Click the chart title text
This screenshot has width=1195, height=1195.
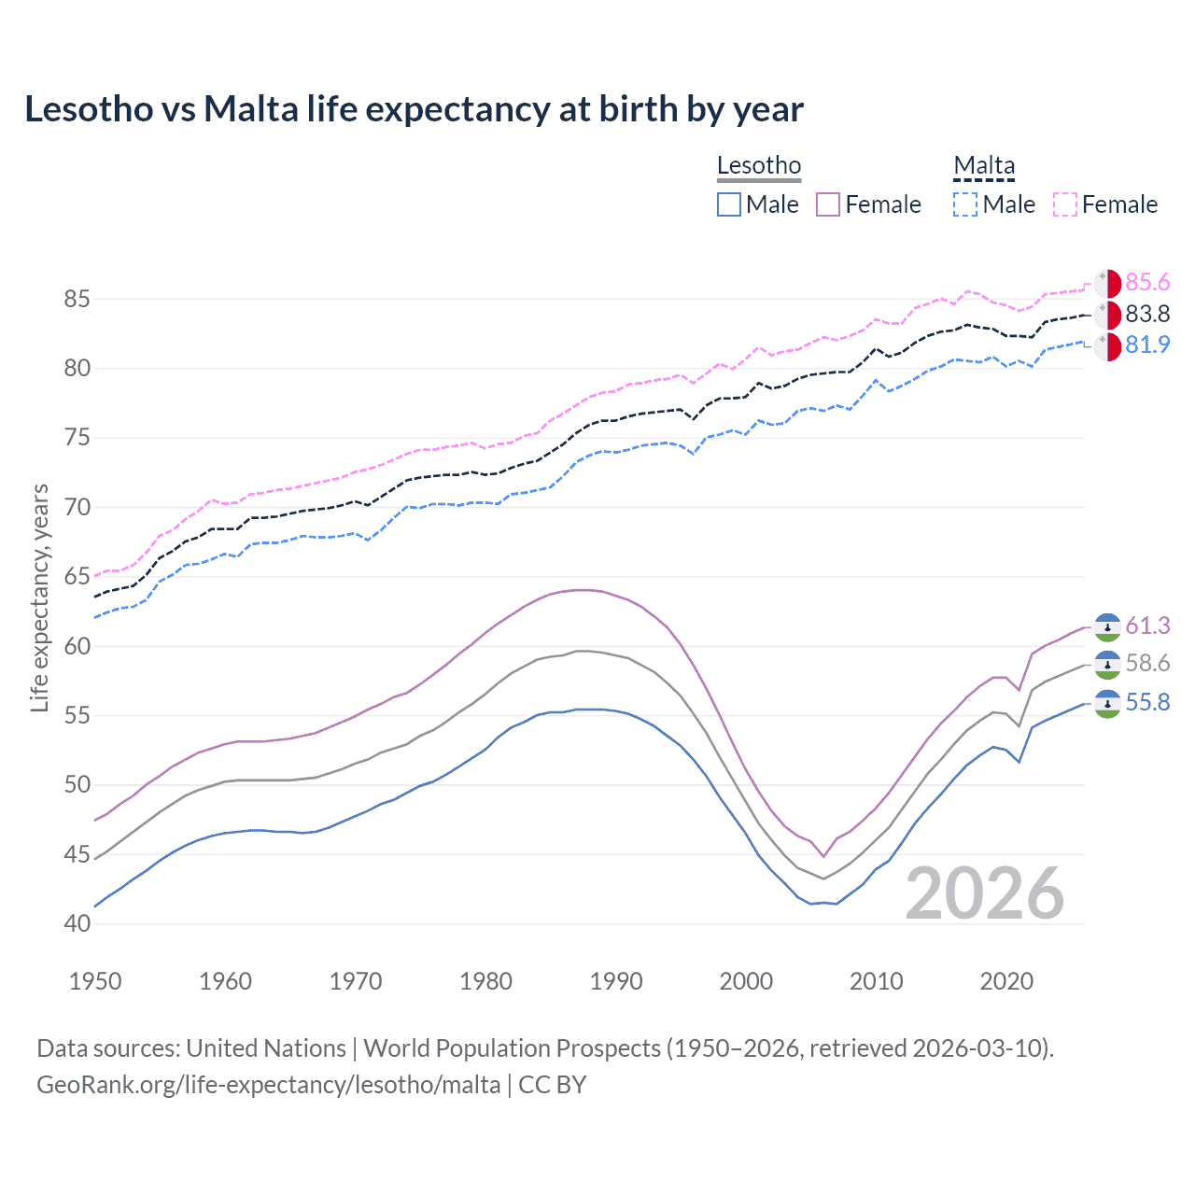414,109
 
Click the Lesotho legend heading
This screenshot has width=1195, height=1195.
759,166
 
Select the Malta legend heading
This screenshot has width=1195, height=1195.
984,166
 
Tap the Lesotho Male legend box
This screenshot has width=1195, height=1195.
729,204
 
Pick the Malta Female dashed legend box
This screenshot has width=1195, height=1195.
1065,204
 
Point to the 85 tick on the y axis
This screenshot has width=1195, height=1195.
77,300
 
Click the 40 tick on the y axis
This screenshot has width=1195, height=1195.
77,923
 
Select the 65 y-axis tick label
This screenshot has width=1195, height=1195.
77,577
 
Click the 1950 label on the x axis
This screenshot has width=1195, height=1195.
95,981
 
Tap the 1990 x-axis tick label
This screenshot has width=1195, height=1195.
616,981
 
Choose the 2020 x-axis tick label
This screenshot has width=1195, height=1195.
1006,981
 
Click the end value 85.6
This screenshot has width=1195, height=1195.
1147,283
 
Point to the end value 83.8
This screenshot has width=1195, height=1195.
1147,314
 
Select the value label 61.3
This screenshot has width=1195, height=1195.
1147,626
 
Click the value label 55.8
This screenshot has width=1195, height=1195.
1147,702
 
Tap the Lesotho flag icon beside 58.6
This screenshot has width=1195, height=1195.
1107,665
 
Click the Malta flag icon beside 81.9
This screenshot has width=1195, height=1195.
1107,345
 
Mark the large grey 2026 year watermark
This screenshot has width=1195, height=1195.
985,894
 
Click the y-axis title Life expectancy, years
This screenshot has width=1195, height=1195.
40,597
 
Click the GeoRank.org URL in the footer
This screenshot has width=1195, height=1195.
269,1085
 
